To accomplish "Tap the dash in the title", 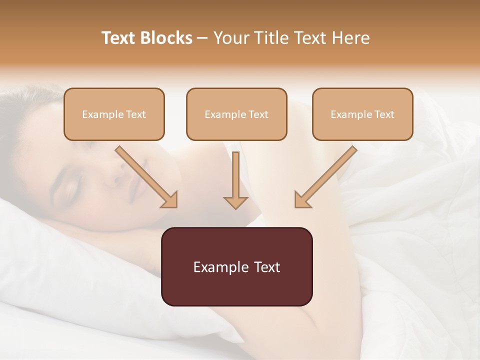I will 202,38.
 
